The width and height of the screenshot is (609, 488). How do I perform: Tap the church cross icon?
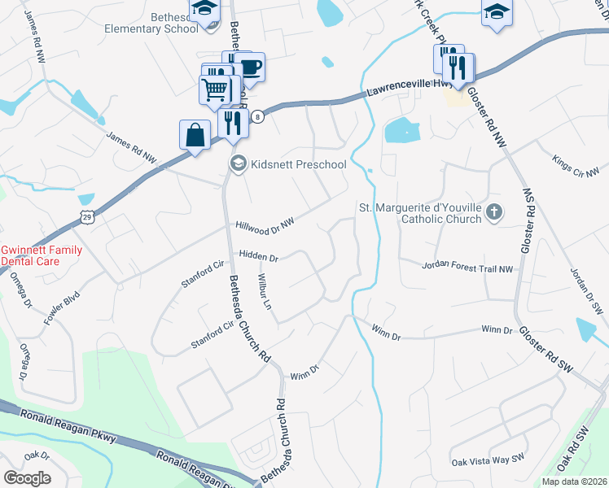click(x=493, y=213)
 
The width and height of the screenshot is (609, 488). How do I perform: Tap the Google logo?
click(x=27, y=477)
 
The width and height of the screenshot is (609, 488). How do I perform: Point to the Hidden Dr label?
click(x=258, y=257)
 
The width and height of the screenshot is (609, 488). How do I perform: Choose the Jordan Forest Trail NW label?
click(x=468, y=268)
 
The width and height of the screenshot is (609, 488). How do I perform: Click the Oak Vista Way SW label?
click(x=486, y=460)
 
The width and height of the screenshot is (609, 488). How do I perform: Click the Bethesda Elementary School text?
click(x=151, y=22)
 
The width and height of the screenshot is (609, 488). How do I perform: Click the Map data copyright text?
click(x=573, y=481)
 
